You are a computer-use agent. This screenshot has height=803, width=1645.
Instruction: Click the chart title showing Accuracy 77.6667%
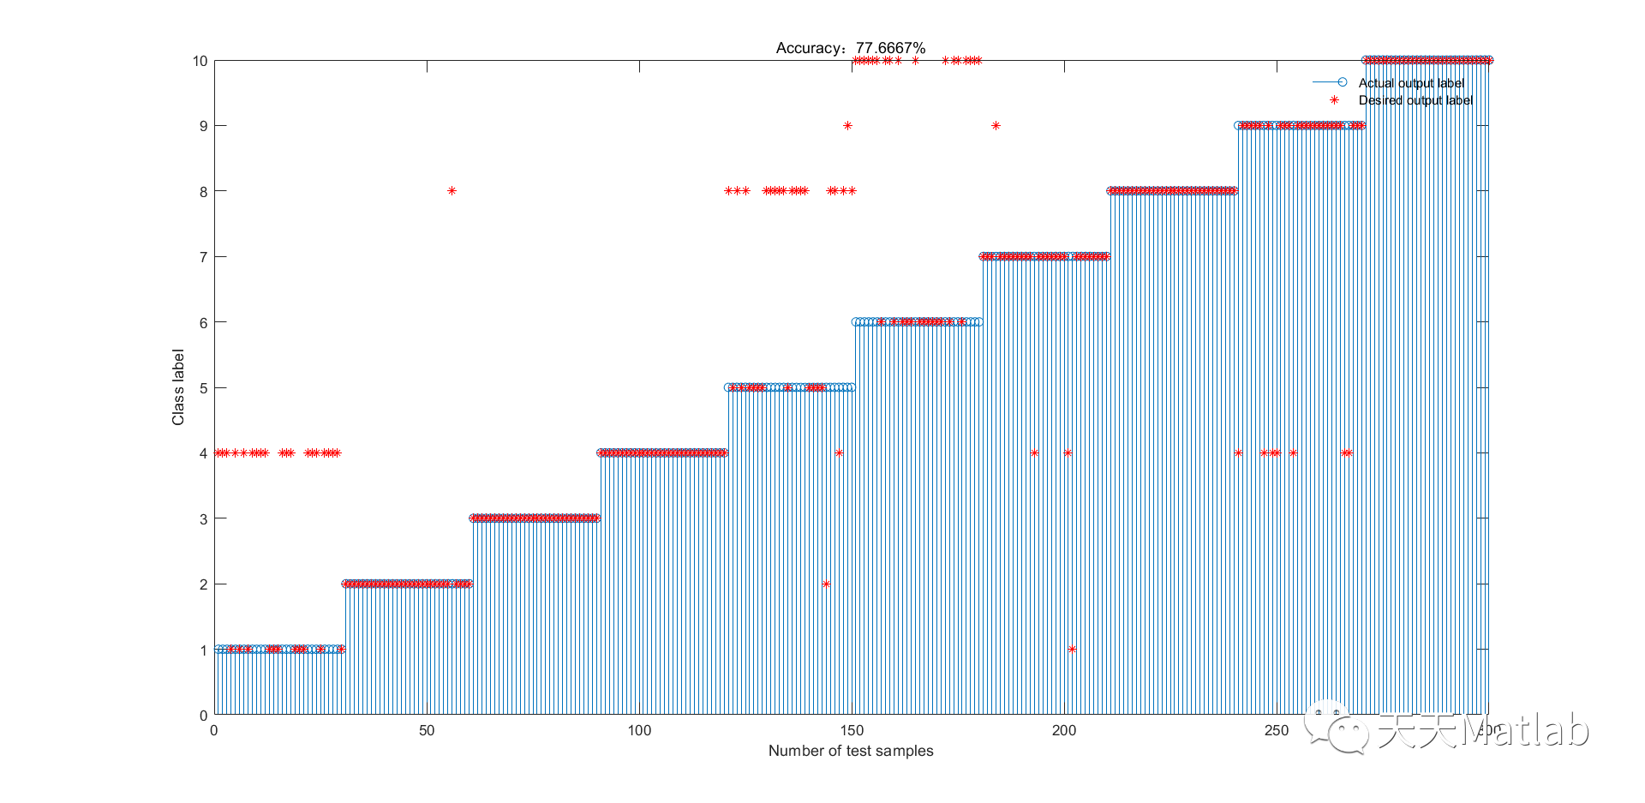(850, 48)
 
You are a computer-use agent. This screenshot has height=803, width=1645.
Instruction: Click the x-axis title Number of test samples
(850, 751)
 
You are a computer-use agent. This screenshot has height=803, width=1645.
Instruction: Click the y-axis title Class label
(178, 387)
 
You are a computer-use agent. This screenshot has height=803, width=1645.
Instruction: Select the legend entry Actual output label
(1410, 83)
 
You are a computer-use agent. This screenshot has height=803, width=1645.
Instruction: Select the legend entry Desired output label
(1415, 100)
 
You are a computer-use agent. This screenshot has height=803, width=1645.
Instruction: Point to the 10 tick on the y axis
(200, 61)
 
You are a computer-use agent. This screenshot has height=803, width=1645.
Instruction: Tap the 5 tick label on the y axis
(203, 388)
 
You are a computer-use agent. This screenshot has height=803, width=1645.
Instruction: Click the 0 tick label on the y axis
(203, 716)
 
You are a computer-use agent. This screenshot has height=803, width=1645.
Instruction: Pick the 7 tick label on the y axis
(203, 257)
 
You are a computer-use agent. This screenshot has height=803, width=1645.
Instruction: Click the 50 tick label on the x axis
(427, 731)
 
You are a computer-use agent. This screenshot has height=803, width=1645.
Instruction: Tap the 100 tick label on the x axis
(639, 731)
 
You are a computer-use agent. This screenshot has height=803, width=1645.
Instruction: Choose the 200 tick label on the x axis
(1063, 731)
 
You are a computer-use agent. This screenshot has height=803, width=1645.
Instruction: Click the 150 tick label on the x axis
(852, 731)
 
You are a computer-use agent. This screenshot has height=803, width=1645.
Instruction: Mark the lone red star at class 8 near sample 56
(452, 191)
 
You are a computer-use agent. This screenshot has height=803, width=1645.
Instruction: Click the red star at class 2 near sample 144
(826, 584)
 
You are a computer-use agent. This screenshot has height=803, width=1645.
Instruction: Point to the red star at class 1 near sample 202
(1072, 650)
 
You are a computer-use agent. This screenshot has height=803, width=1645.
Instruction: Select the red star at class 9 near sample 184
(996, 126)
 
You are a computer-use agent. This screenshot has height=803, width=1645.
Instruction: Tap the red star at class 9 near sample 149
(847, 126)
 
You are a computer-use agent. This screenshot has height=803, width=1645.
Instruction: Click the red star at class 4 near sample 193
(1034, 453)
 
